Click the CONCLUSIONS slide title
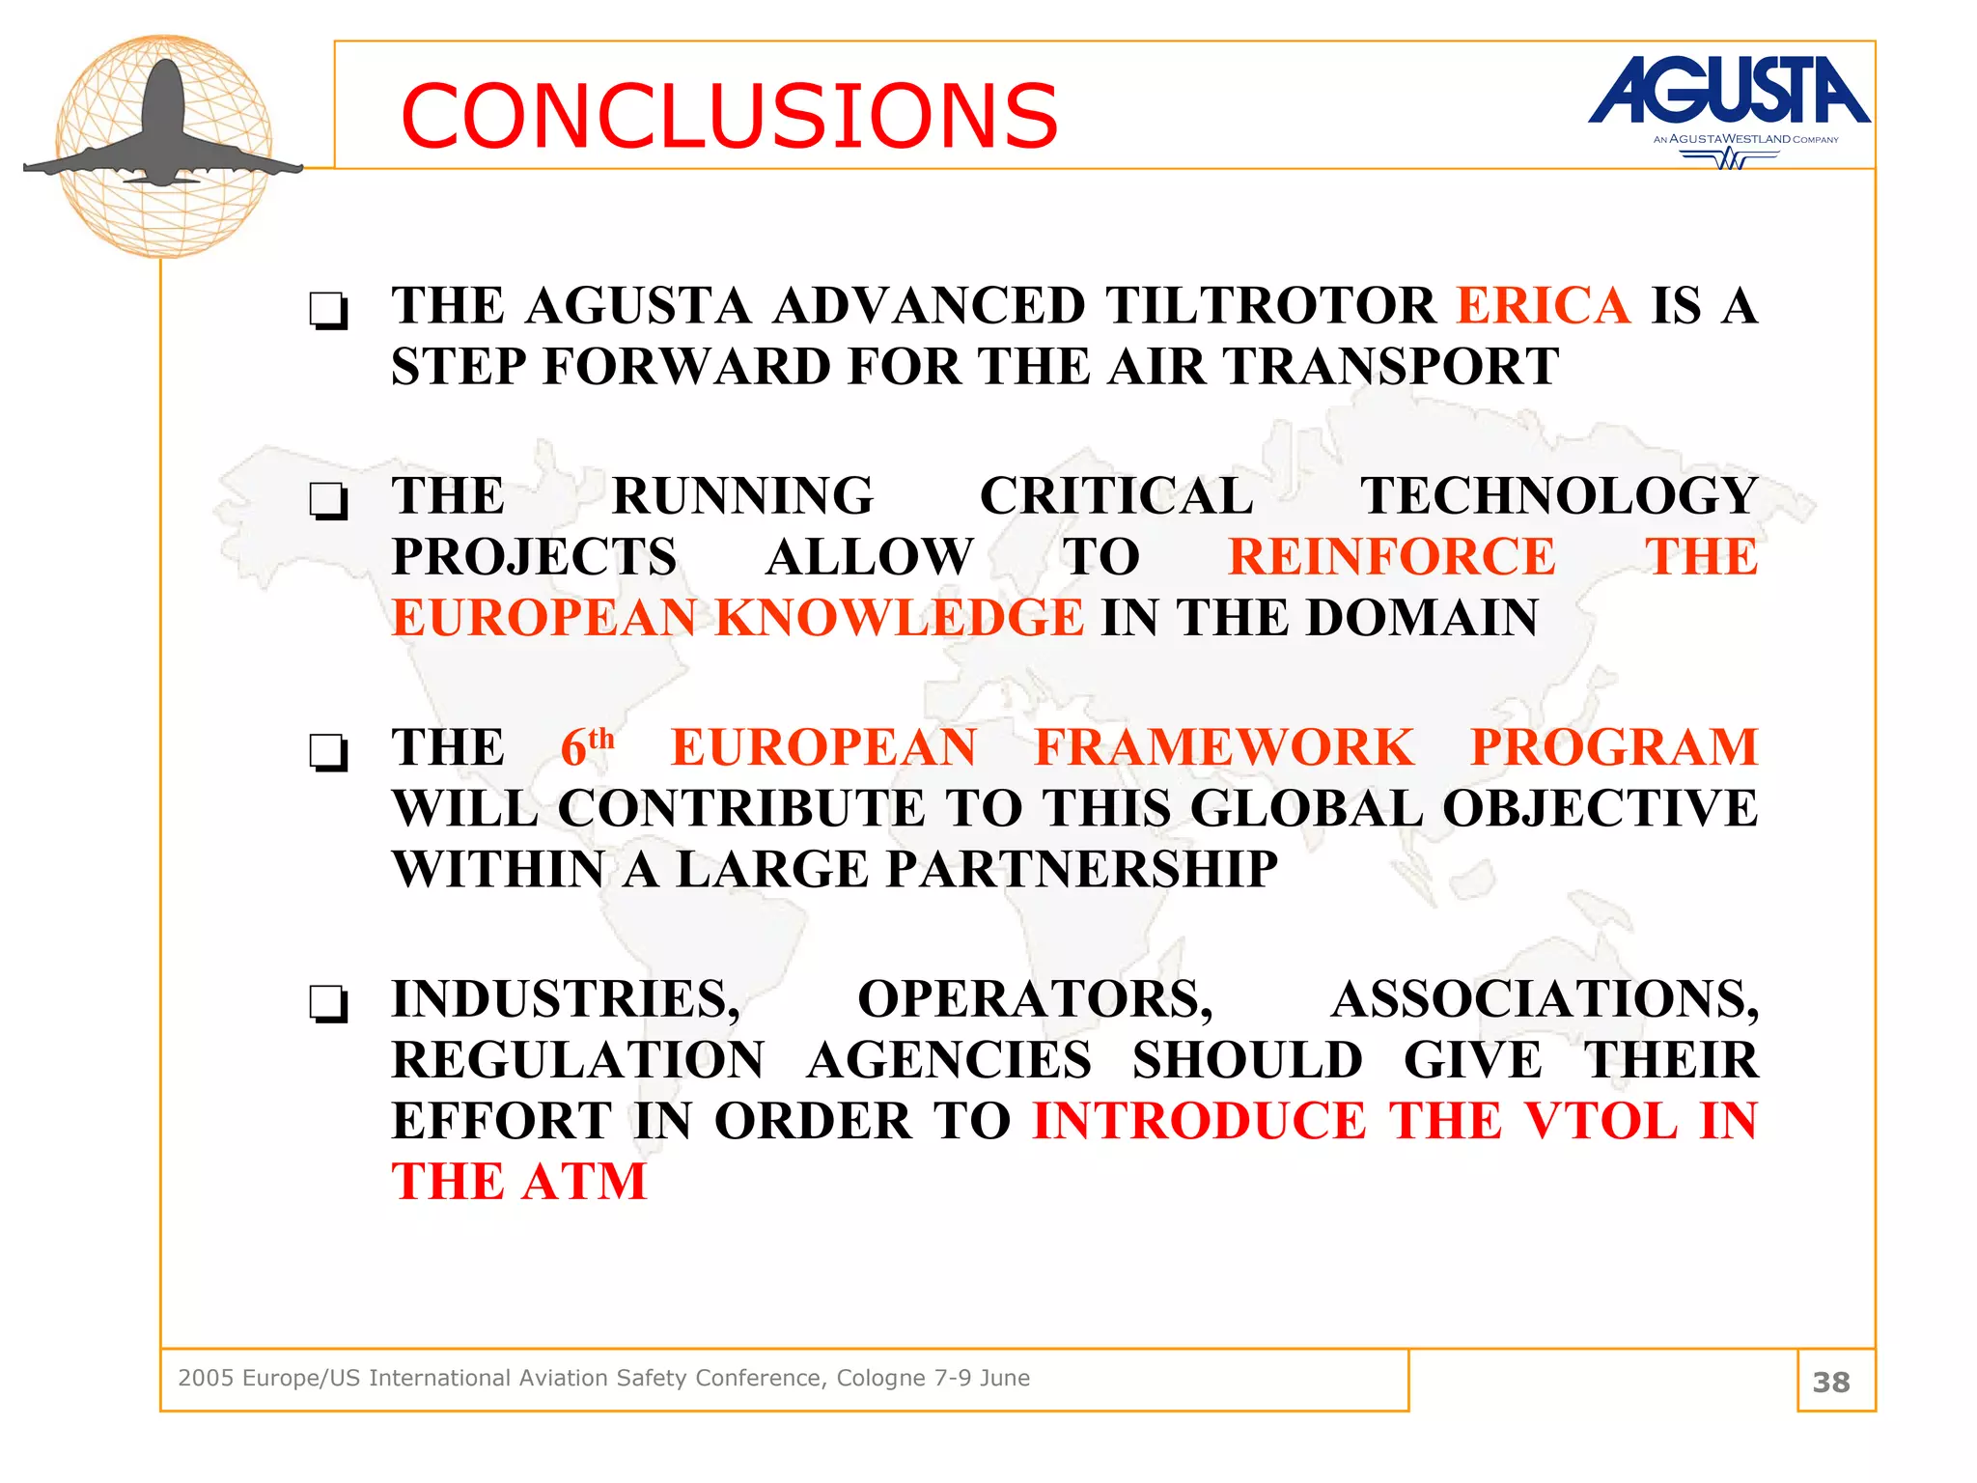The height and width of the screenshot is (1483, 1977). (x=730, y=117)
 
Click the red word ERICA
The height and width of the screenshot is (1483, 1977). (x=1544, y=306)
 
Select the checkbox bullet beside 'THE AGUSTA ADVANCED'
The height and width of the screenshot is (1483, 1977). (x=328, y=311)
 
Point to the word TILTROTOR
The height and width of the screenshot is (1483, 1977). (x=1271, y=306)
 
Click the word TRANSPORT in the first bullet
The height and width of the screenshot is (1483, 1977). (x=1391, y=367)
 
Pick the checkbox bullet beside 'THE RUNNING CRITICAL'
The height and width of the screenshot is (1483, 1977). (x=328, y=501)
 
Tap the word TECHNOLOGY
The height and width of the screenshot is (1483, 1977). (x=1558, y=496)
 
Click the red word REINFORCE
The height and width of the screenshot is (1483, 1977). (x=1391, y=557)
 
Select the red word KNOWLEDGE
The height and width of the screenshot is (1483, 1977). (x=899, y=618)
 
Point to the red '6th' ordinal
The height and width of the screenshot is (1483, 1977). (x=586, y=747)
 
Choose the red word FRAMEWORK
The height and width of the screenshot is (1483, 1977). (x=1223, y=747)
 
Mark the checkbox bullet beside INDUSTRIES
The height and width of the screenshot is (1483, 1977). (x=328, y=1004)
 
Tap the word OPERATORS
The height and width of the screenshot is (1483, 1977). (x=1034, y=999)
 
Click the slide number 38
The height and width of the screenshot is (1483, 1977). (x=1831, y=1382)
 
